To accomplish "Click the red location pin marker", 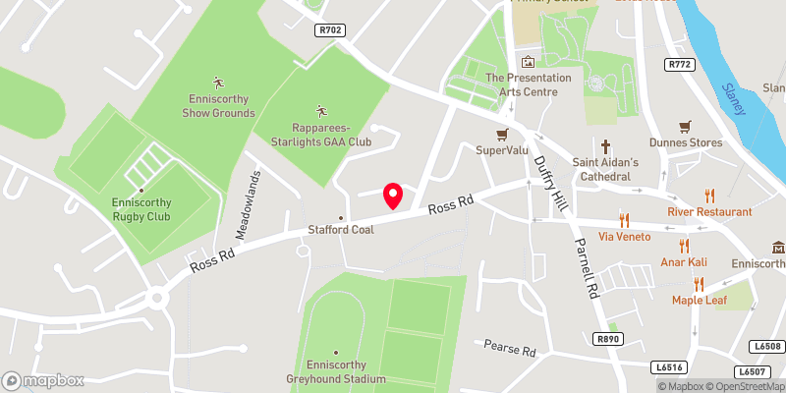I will click(394, 196).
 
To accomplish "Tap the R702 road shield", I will click(331, 31).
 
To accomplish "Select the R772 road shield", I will click(679, 65).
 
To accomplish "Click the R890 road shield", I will click(609, 338).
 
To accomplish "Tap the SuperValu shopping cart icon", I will click(502, 135).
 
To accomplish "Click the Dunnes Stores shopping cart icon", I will click(686, 127).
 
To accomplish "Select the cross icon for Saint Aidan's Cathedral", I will click(606, 144).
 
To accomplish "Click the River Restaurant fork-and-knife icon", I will click(709, 196).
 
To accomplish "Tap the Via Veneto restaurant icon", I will click(623, 220).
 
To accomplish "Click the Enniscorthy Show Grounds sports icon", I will click(218, 82).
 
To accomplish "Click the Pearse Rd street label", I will click(510, 349).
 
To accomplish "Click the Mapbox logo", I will click(43, 380).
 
